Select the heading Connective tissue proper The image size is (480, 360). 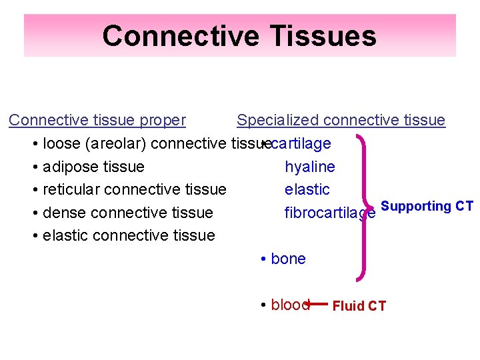coord(97,120)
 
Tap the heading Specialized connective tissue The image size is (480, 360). coord(341,120)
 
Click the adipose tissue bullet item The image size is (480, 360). coord(93,167)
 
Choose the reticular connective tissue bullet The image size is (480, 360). coord(134,189)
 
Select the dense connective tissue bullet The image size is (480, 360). coord(127,213)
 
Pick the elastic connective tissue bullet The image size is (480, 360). coord(129,235)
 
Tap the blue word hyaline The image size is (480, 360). coord(310,167)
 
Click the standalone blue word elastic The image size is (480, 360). coord(307,189)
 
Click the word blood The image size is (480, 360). coord(289,305)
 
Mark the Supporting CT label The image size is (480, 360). coord(427,206)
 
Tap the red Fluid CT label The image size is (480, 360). coord(359,306)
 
